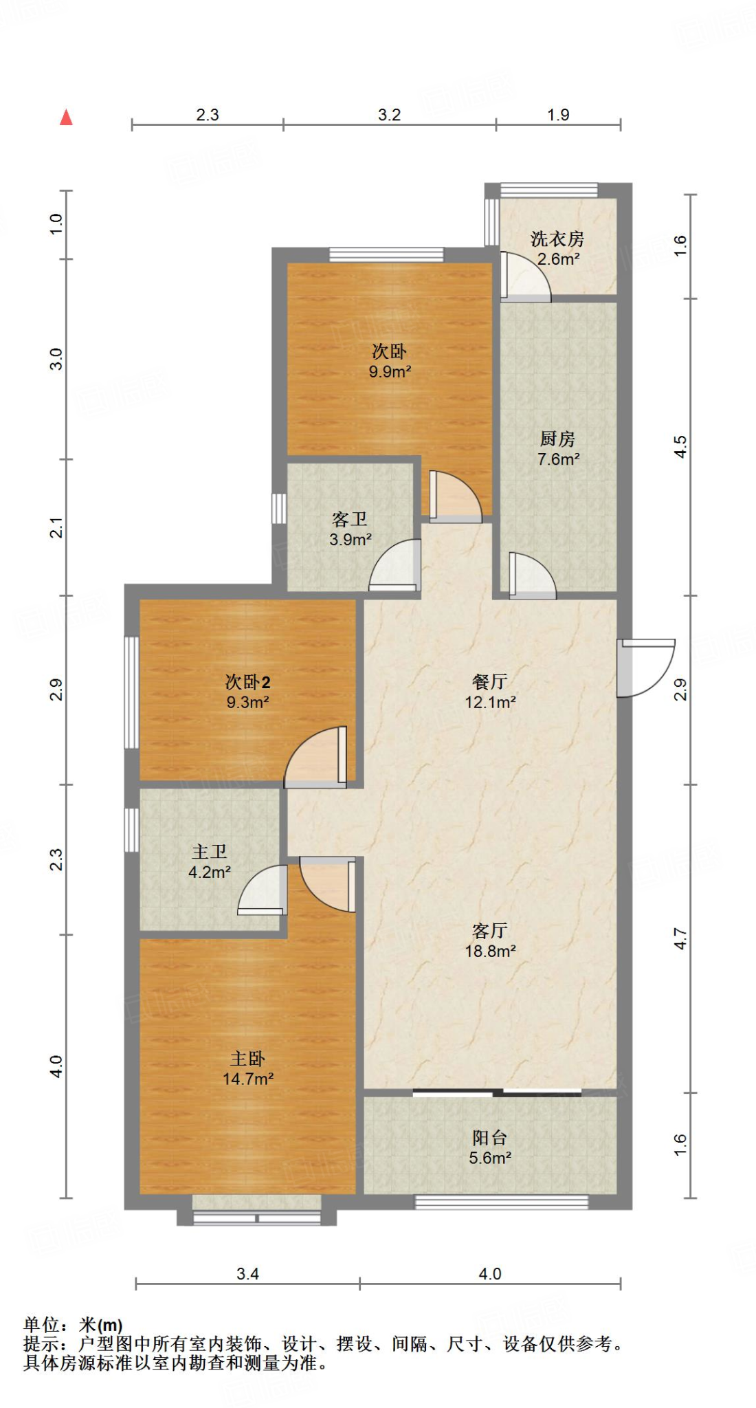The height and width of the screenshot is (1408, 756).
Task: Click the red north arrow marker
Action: tap(66, 118)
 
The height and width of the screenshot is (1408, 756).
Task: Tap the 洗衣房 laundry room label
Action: tap(557, 239)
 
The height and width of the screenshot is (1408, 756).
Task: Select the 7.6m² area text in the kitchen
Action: tap(558, 459)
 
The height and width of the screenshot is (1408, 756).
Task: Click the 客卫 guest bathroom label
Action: tap(349, 519)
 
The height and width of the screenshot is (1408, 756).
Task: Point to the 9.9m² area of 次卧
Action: tap(390, 372)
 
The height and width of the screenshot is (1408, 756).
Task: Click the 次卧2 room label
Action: tap(247, 682)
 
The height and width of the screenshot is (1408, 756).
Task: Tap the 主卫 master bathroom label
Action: tap(209, 852)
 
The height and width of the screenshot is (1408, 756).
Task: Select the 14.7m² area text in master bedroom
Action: tap(248, 1079)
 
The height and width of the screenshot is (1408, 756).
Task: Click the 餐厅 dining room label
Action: tap(489, 682)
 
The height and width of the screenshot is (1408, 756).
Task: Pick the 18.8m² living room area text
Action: tap(490, 951)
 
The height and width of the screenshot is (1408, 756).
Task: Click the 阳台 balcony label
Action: tap(489, 1138)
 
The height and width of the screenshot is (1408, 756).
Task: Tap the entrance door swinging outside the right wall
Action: tap(645, 668)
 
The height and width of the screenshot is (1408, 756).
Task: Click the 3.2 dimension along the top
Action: tap(389, 115)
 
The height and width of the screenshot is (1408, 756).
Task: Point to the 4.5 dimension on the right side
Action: tap(680, 447)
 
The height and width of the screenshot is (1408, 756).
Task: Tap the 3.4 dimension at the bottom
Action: tap(247, 1274)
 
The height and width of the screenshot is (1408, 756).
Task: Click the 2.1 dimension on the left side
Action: tap(56, 527)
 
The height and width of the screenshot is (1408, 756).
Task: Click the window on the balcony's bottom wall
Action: tap(501, 1202)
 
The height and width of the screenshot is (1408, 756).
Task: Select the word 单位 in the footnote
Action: tap(41, 1324)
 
